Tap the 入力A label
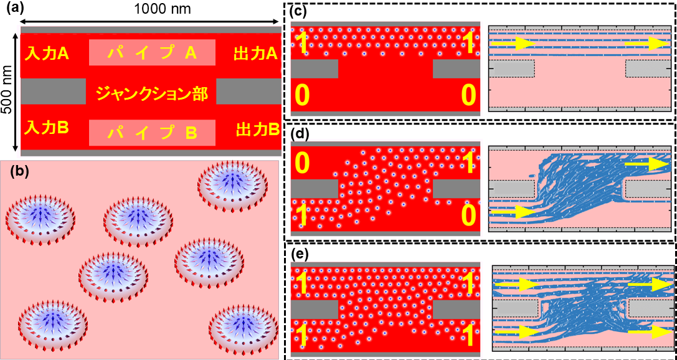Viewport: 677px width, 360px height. tap(47, 54)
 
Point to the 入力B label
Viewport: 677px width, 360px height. tap(47, 128)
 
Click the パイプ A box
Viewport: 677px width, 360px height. tap(153, 54)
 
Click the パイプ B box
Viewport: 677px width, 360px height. tap(153, 132)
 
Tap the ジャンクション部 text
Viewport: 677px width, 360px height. tap(151, 94)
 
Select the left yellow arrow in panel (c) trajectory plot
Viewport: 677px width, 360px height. tap(518, 44)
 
